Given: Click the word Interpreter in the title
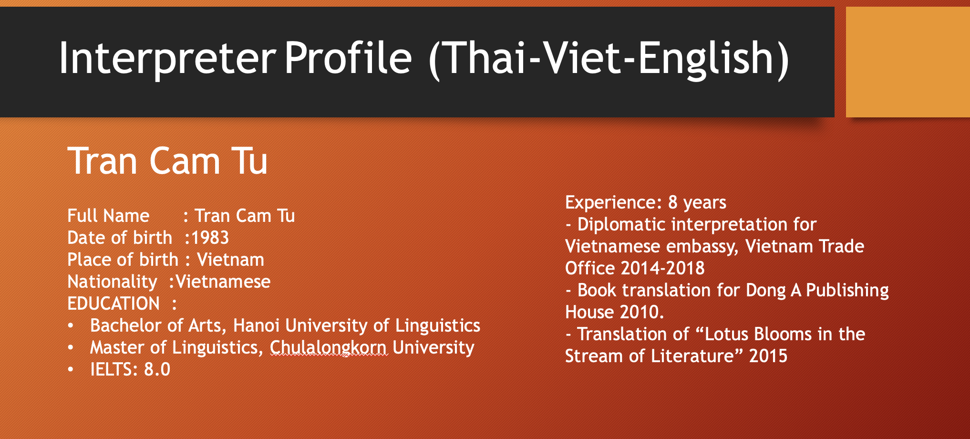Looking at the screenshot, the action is pos(167,58).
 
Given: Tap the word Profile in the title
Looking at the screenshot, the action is pos(348,58).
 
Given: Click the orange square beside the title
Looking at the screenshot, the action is pos(908,62).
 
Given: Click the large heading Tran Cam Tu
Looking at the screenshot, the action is pos(167,161).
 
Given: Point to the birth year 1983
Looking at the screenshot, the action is pos(210,238).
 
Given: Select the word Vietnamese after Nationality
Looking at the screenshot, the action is pos(223,282).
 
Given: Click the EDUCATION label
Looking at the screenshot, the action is pos(114,303).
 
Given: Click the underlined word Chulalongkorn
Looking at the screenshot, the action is pos(329,348).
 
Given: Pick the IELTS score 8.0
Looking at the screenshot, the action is pos(157,369).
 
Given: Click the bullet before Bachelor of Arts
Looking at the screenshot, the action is pos(71,325).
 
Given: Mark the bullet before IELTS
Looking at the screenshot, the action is pos(71,369).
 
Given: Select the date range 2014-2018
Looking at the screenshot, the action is pos(662,268).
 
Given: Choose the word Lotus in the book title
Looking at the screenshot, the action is pos(727,334).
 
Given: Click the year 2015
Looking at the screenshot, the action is pos(768,356).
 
